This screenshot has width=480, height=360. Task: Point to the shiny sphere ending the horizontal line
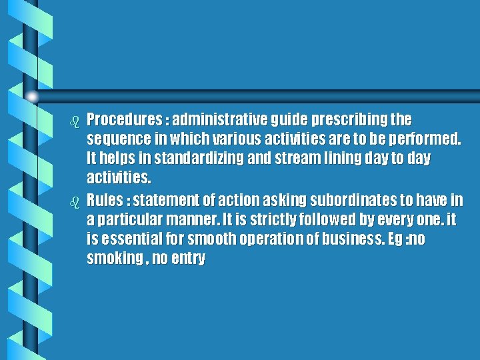tap(32, 97)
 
